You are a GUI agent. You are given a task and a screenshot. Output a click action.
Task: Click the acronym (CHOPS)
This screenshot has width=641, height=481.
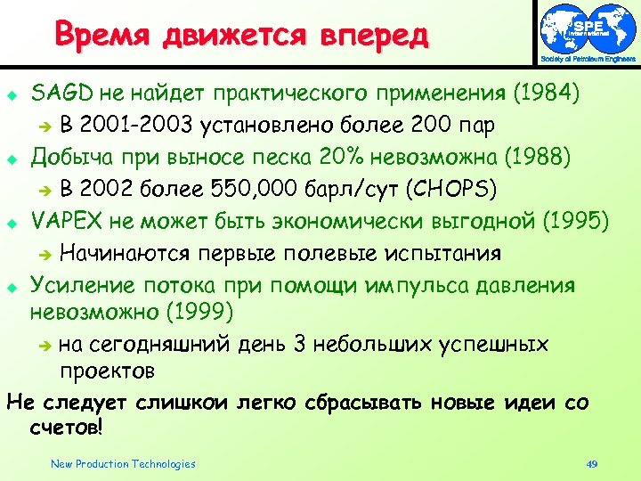point(442,189)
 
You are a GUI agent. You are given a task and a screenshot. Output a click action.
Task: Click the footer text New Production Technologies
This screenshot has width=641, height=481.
point(123,463)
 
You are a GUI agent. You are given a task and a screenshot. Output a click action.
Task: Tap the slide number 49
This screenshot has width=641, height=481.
point(591,463)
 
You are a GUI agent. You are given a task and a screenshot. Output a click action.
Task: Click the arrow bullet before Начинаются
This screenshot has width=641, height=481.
point(47,254)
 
